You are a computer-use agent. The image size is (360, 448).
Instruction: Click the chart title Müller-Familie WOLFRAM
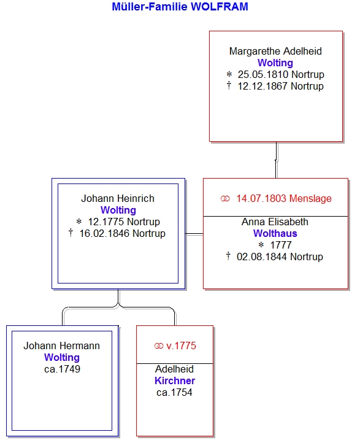[x=180, y=7]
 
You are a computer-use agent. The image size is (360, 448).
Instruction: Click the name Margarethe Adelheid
[x=275, y=52]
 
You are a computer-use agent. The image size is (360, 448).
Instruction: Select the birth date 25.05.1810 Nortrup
[x=281, y=74]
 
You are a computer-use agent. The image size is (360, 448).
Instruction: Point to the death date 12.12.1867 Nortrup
[x=281, y=86]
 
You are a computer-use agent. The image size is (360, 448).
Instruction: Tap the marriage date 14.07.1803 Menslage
[x=284, y=198]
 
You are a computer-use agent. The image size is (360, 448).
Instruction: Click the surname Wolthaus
[x=275, y=233]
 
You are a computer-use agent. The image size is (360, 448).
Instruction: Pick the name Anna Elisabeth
[x=275, y=222]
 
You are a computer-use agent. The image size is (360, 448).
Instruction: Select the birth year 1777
[x=281, y=245]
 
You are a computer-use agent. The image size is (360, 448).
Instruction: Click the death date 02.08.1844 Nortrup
[x=280, y=257]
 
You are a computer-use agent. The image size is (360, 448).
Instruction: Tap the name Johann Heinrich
[x=118, y=198]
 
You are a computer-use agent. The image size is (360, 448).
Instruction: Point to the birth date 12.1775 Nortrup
[x=124, y=222]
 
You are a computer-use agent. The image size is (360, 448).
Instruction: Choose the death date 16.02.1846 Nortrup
[x=122, y=233]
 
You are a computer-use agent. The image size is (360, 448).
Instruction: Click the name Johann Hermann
[x=62, y=346]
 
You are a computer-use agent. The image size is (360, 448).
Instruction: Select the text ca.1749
[x=62, y=369]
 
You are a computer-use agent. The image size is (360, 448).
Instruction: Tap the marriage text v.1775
[x=181, y=346]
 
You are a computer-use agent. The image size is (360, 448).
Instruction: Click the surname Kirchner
[x=175, y=380]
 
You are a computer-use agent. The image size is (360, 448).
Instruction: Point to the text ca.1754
[x=174, y=393]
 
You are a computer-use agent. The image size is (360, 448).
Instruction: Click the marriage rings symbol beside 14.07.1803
[x=225, y=199]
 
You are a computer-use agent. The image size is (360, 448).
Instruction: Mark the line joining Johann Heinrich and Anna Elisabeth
[x=194, y=234]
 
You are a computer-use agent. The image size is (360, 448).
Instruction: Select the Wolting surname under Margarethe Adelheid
[x=275, y=63]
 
